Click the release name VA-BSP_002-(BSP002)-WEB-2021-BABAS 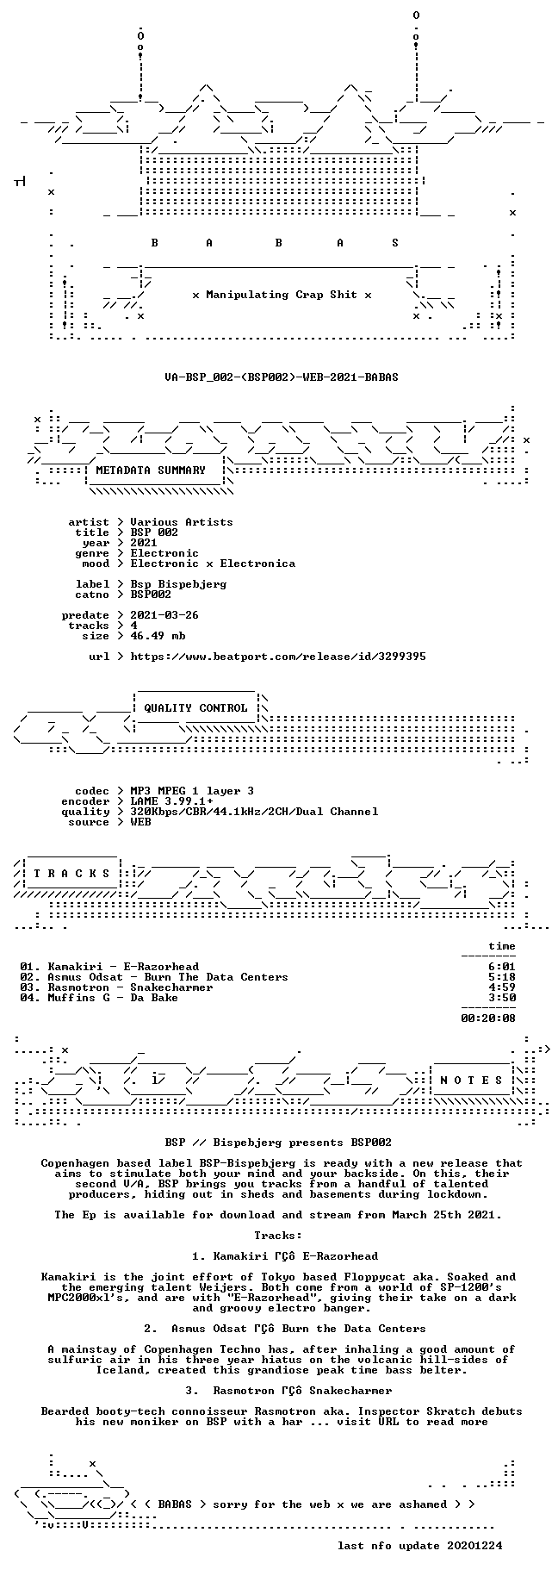[282, 377]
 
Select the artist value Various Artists [182, 521]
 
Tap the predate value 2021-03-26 [164, 614]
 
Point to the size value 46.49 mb [158, 635]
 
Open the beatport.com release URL [278, 656]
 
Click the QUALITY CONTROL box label [195, 707]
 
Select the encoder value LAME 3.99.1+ [171, 800]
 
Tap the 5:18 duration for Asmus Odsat [502, 976]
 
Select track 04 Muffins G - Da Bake [99, 997]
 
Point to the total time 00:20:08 [488, 1018]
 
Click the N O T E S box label [471, 1080]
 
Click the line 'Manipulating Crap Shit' [282, 294]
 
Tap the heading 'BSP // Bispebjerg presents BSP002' [278, 1142]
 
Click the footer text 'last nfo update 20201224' [419, 1545]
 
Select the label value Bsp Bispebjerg [178, 583]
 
